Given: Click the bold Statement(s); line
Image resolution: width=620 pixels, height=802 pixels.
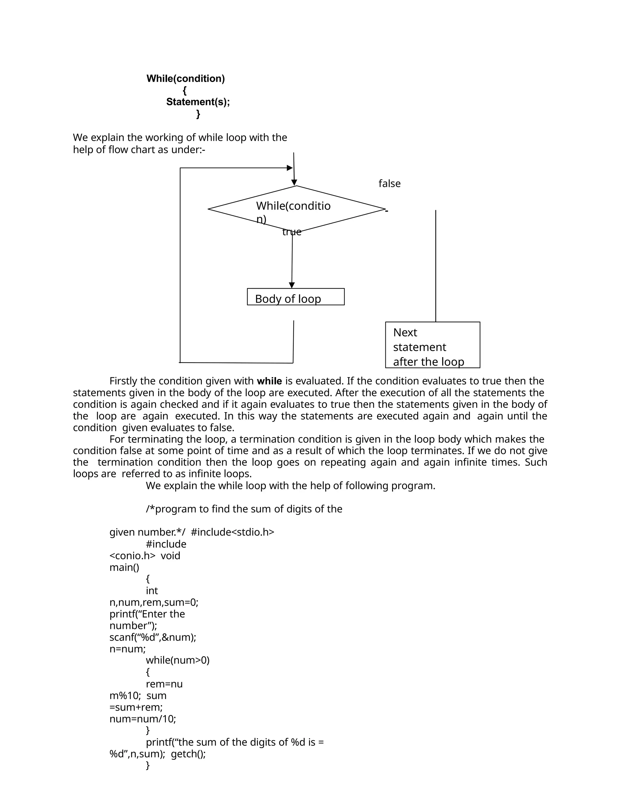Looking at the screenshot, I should [x=198, y=102].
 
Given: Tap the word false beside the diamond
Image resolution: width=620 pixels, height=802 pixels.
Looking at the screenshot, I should [x=389, y=184].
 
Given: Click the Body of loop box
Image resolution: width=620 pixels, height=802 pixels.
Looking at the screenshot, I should [x=296, y=297].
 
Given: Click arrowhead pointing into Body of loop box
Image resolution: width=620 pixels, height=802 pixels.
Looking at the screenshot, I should [x=292, y=285].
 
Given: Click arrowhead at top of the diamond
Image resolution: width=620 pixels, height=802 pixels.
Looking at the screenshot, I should [x=294, y=182].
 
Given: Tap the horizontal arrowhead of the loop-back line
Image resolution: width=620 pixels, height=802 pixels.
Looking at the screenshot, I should [x=290, y=168].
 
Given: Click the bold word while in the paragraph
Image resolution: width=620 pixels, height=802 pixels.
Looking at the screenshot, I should [x=269, y=381].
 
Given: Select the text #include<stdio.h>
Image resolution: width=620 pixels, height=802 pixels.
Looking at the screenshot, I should [x=232, y=532].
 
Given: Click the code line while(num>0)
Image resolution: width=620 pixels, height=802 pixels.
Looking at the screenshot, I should [x=177, y=660].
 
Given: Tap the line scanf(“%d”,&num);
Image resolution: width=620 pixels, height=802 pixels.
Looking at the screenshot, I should [x=153, y=637].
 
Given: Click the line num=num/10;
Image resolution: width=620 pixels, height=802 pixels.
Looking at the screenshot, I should [x=143, y=719].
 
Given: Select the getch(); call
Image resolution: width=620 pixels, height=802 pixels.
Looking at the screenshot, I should [x=188, y=754].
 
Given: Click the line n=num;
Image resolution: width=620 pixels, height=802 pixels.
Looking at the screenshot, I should [x=127, y=649].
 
